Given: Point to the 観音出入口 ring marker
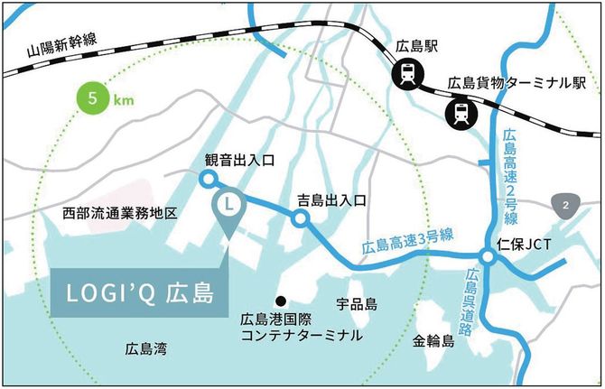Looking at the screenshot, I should tap(207, 180).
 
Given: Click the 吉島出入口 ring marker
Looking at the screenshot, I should tap(300, 218).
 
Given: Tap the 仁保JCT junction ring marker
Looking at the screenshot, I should tap(488, 258).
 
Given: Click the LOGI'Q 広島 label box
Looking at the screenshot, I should tap(139, 293).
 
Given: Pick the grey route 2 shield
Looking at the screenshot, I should tap(565, 205).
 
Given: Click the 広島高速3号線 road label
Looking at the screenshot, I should tap(406, 241).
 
